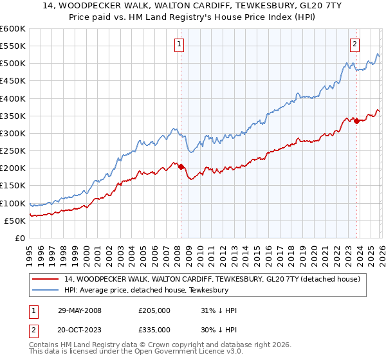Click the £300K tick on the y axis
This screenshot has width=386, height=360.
pos(13,133)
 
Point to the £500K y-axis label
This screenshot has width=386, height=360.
pos(13,63)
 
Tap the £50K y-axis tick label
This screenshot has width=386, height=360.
pos(15,221)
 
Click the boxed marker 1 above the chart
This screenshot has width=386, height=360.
pos(178,44)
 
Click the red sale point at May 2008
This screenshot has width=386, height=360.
pos(181,166)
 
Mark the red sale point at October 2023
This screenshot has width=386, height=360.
pos(356,121)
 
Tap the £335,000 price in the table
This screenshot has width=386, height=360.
pos(154,330)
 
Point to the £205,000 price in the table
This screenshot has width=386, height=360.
pos(154,310)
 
